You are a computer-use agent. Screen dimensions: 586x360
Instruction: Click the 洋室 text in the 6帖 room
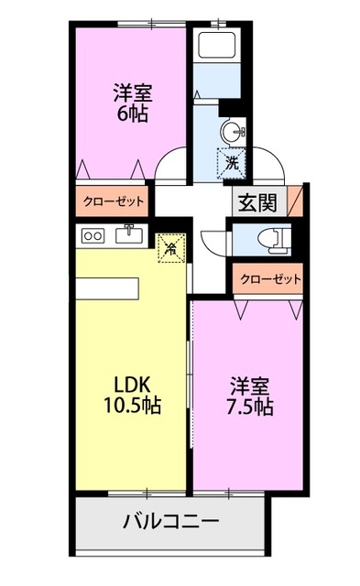coord(132,92)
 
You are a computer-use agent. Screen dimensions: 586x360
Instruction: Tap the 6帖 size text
coord(132,114)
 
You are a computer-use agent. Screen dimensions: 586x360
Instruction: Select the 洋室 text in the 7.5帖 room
coord(247,383)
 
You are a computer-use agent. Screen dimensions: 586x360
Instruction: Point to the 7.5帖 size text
coord(247,406)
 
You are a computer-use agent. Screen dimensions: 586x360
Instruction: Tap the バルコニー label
coord(170,522)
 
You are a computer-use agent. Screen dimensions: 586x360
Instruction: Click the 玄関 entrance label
coord(256,203)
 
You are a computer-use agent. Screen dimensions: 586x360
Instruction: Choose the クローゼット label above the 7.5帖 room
coord(270,279)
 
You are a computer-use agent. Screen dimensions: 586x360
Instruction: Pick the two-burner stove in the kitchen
coord(93,236)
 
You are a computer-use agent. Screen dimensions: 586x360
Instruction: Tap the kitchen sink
coord(129,235)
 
